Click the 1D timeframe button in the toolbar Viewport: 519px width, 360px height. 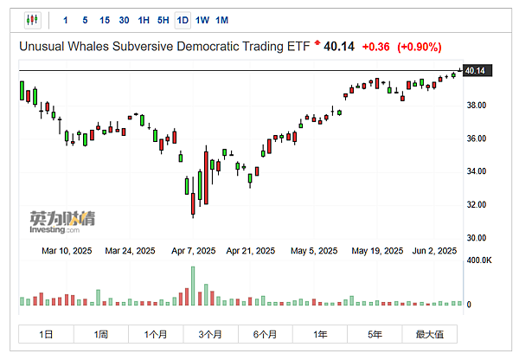[x=183, y=19]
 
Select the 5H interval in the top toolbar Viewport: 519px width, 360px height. [x=163, y=19]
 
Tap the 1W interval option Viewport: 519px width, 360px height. [x=202, y=19]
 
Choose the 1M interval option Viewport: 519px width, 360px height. [x=222, y=19]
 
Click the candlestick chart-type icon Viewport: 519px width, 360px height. [x=33, y=19]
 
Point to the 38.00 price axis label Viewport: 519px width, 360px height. [x=477, y=106]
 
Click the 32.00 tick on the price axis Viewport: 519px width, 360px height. [x=477, y=204]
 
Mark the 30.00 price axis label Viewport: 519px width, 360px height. [x=477, y=237]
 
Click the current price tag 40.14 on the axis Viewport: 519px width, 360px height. [x=474, y=70]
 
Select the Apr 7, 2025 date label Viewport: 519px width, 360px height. [x=194, y=251]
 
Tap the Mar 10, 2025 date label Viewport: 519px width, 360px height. [x=68, y=251]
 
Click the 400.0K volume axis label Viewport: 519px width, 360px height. [x=480, y=260]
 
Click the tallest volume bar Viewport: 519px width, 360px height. [x=193, y=286]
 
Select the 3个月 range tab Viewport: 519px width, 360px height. [x=210, y=334]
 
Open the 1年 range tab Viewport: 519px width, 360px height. [x=320, y=334]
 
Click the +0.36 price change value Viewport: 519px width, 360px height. [x=375, y=46]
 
